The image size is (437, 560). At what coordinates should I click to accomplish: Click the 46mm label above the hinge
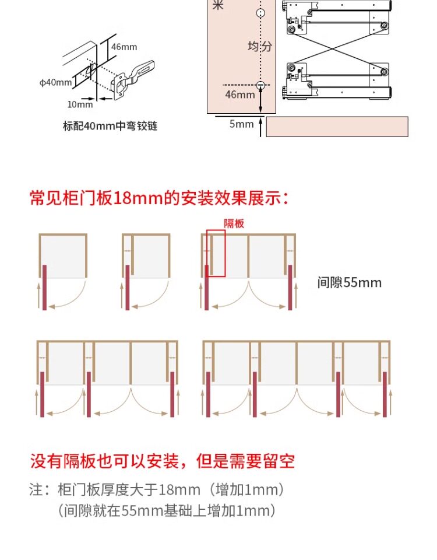[124, 47]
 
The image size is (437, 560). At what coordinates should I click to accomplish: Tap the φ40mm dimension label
[55, 82]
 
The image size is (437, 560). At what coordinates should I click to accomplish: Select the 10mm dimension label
[80, 104]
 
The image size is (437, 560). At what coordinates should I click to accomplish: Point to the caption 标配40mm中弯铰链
[110, 125]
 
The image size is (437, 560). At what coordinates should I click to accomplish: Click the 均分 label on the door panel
[260, 47]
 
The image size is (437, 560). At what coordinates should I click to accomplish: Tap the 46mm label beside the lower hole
[239, 94]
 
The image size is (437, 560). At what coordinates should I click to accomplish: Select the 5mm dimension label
[241, 124]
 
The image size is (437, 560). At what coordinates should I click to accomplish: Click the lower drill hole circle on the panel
[260, 85]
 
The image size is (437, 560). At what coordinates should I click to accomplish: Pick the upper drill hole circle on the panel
[260, 12]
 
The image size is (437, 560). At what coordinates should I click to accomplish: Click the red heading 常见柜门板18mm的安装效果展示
[159, 198]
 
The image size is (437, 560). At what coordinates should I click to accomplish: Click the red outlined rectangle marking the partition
[216, 253]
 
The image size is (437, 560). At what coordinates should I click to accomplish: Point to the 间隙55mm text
[350, 282]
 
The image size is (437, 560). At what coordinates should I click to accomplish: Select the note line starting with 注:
[157, 489]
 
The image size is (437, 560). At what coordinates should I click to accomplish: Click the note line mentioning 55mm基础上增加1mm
[167, 511]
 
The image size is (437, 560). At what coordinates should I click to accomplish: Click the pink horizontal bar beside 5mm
[337, 127]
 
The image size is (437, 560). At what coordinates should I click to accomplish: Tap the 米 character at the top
[218, 6]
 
